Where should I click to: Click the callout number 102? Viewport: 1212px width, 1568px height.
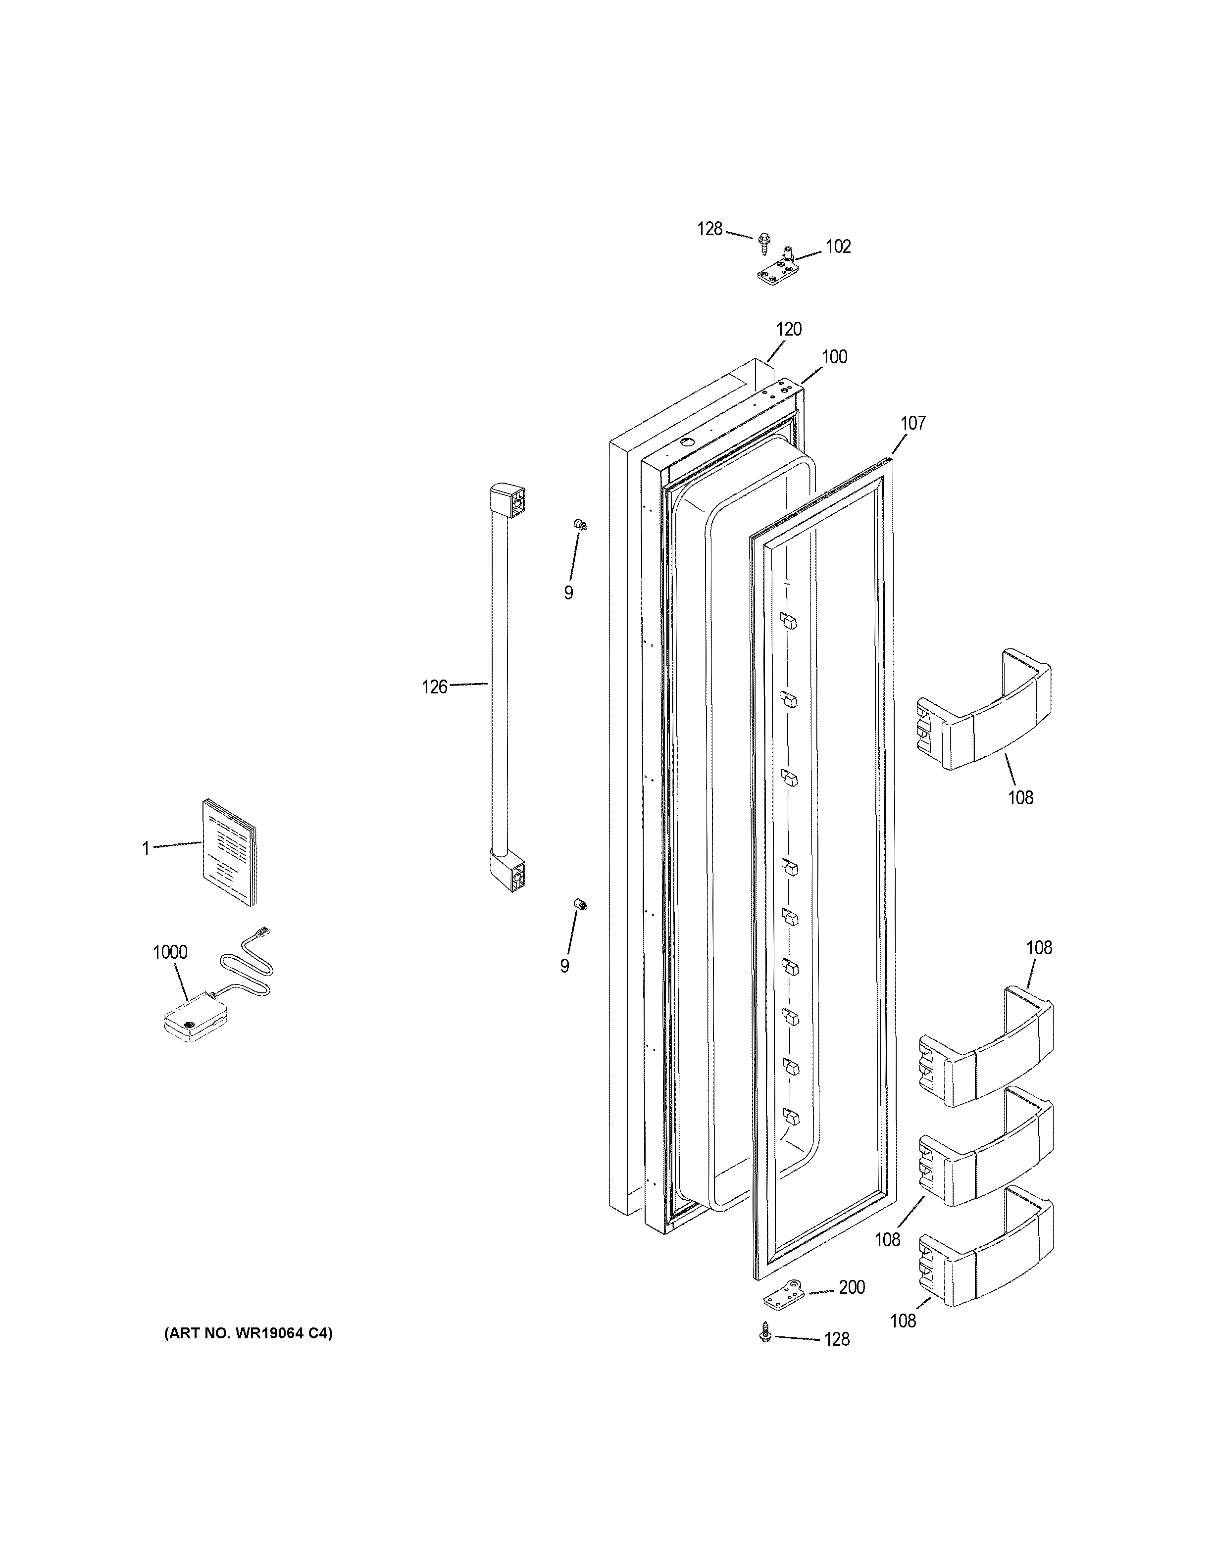(x=838, y=247)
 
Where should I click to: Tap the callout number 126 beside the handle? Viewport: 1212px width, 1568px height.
(x=434, y=687)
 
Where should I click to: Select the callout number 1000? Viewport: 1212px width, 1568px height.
(x=170, y=953)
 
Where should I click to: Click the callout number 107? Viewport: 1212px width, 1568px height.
(x=913, y=424)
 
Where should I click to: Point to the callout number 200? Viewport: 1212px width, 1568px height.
(x=852, y=1288)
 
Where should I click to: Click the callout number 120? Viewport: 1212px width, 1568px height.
(x=789, y=330)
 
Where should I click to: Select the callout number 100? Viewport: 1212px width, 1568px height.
(x=834, y=357)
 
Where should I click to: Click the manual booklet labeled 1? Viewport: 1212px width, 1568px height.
(x=228, y=852)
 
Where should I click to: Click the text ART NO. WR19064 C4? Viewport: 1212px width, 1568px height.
(x=249, y=1334)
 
